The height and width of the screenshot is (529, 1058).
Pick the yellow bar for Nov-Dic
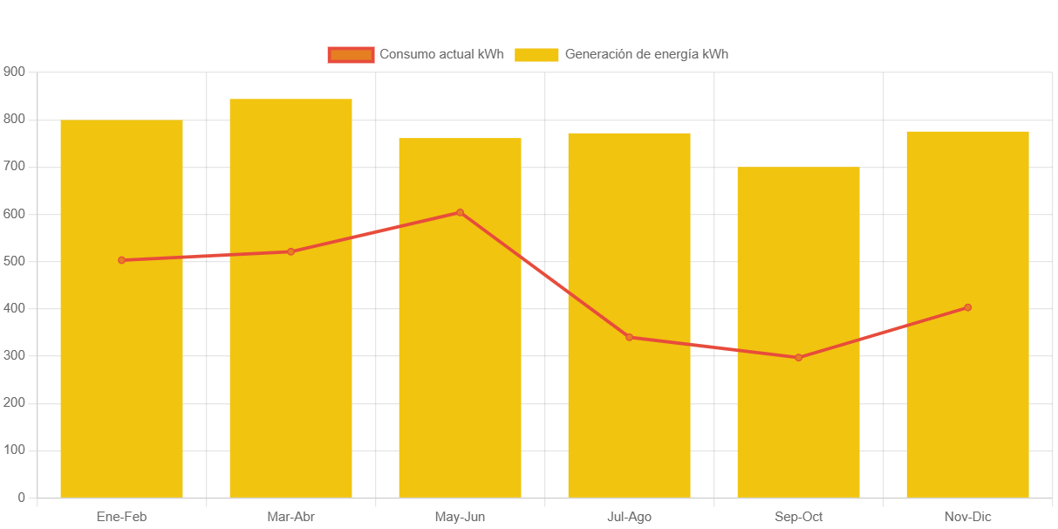[967, 393]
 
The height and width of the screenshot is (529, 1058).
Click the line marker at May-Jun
[460, 212]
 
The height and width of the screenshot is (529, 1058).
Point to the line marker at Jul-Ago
[629, 337]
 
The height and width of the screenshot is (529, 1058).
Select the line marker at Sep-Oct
[798, 357]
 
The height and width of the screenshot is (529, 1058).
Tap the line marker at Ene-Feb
[121, 260]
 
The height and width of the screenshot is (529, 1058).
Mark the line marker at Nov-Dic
[967, 307]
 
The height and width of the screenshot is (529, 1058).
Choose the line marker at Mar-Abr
[290, 251]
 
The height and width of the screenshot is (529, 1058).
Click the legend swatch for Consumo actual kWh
[351, 54]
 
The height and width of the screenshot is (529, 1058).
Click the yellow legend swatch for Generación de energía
[536, 54]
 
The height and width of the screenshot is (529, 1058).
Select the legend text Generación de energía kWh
[646, 54]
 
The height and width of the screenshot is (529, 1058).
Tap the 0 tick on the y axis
[20, 498]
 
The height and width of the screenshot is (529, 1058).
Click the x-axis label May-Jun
[460, 517]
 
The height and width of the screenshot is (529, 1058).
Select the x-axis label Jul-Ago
[629, 517]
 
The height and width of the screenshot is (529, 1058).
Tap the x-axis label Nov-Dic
[967, 517]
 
